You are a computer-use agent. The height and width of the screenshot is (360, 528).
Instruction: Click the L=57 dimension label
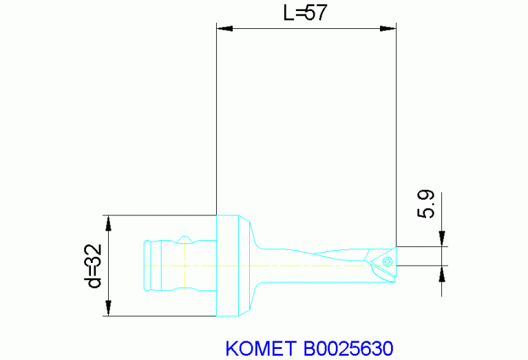click(306, 13)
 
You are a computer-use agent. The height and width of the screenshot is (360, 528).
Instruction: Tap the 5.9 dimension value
click(426, 205)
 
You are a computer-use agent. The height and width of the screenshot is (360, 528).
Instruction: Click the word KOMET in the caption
click(262, 348)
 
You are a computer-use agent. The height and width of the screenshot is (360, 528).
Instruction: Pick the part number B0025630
click(348, 348)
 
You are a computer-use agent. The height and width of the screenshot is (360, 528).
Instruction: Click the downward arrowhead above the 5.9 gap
click(441, 239)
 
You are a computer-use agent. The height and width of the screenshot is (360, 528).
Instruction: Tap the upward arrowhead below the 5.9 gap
click(441, 273)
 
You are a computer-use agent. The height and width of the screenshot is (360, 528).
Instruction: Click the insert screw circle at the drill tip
click(387, 261)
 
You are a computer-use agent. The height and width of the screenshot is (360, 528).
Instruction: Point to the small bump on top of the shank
click(184, 239)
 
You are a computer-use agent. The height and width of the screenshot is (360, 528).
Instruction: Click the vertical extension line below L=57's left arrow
click(217, 124)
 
